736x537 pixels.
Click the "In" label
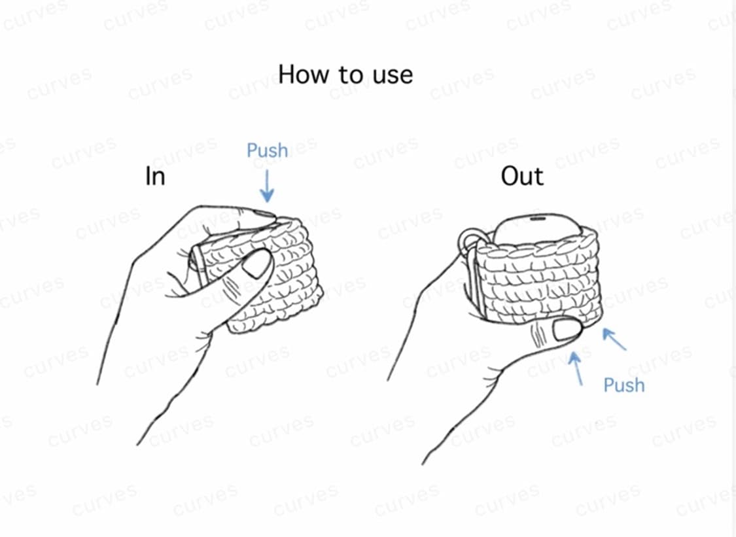155,177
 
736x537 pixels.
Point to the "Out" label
522,177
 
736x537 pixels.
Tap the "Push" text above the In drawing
267,150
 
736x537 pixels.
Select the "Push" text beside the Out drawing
623,385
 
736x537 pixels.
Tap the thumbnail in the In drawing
257,264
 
